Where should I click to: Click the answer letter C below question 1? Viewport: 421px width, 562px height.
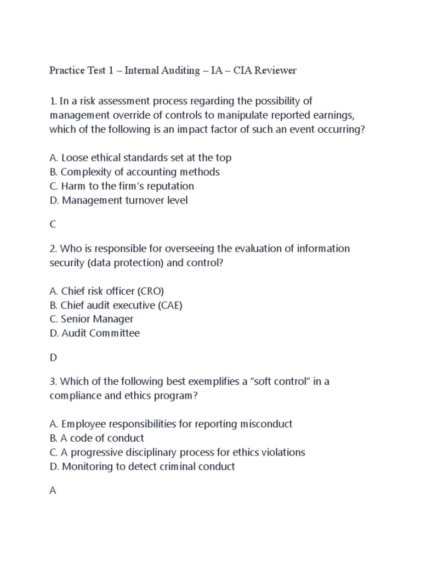click(53, 224)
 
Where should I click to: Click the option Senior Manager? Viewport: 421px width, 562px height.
click(91, 319)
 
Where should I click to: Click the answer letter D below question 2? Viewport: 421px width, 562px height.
click(53, 357)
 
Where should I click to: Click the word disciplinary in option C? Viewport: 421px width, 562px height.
click(152, 452)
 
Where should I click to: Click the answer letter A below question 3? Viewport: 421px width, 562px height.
click(53, 491)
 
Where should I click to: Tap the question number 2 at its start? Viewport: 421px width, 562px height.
click(52, 249)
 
